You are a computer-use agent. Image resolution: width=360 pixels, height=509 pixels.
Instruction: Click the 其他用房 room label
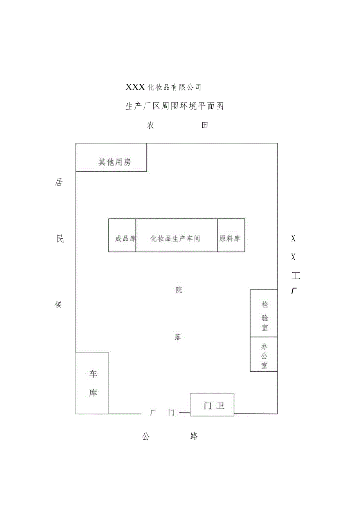114,162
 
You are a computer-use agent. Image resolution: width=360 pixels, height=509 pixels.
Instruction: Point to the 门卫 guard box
213,405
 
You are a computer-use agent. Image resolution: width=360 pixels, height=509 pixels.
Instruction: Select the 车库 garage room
93,383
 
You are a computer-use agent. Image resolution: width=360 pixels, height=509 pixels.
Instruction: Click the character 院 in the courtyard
179,290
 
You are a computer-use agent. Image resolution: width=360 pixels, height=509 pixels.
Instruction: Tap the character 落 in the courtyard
178,337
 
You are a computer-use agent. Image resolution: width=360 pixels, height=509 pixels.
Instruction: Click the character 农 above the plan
151,125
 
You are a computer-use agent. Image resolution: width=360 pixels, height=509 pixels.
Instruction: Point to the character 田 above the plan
204,125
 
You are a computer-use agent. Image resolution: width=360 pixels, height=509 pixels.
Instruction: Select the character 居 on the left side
59,183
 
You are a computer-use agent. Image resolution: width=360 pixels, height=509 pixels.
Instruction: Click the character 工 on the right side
295,276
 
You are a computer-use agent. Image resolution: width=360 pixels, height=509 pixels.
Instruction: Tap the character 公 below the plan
146,436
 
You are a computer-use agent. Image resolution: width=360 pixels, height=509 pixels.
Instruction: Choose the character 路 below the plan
194,436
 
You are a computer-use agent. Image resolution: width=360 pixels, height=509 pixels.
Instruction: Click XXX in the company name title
135,87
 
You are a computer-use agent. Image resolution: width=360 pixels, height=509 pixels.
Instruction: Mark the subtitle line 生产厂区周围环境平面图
174,106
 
